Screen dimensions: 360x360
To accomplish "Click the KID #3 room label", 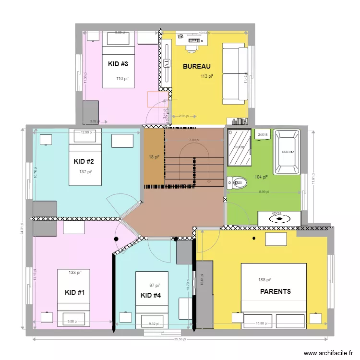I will tap(118, 64).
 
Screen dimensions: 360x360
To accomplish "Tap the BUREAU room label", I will tap(197, 67).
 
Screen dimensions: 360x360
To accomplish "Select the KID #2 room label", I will tap(84, 161).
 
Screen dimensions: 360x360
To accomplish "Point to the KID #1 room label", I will tap(75, 292).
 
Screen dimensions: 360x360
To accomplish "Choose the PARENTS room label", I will tap(276, 291).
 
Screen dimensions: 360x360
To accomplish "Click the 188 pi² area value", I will tap(265, 280).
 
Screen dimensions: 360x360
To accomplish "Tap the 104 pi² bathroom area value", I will tap(262, 177).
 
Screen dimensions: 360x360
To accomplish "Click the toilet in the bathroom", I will tap(237, 182).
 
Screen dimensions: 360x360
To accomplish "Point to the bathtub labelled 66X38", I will tap(287, 152).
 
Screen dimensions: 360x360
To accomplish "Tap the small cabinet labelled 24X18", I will tap(263, 135).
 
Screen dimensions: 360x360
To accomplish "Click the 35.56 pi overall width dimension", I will tap(179, 339).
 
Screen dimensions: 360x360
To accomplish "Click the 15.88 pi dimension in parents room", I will tap(263, 324).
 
